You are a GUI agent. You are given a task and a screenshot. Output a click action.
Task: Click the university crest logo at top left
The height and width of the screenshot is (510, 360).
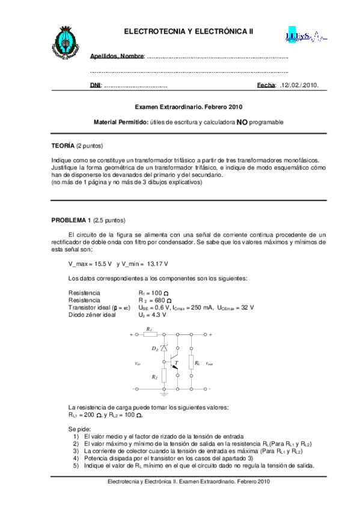coord(64,41)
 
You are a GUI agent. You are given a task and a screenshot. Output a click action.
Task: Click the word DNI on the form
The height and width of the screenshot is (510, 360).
coord(95,85)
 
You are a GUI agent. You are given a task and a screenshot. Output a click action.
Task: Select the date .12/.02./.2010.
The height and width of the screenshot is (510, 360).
coord(299,85)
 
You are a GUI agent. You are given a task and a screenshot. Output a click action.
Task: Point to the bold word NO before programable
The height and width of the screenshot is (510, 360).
coord(242,122)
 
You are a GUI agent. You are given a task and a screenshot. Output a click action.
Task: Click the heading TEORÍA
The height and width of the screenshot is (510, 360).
coord(63,146)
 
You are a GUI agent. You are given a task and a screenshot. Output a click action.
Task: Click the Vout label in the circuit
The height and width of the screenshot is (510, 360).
coord(209,364)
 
